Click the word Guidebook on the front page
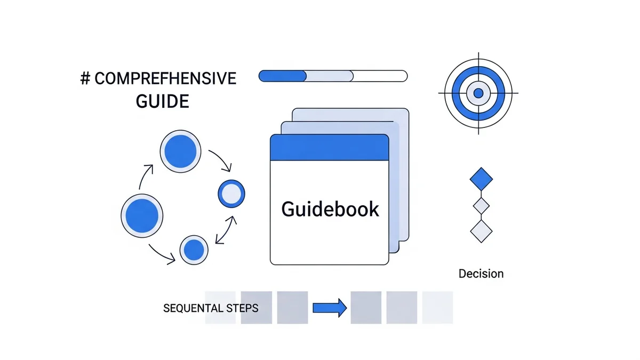click(330, 209)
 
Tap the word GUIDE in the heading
click(163, 101)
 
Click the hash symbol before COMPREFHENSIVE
click(85, 79)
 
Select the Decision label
click(481, 274)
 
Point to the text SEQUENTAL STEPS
click(211, 308)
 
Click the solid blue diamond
click(481, 179)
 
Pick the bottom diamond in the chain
click(481, 230)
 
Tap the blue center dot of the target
click(478, 93)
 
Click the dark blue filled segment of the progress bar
click(282, 76)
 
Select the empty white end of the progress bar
click(380, 76)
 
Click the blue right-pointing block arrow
click(330, 308)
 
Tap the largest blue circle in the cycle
click(142, 215)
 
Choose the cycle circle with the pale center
click(231, 194)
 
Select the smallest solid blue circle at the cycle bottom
click(194, 249)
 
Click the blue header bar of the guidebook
click(329, 147)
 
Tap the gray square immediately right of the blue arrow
click(366, 307)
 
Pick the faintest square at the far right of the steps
click(437, 307)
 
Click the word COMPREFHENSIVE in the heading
click(165, 79)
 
